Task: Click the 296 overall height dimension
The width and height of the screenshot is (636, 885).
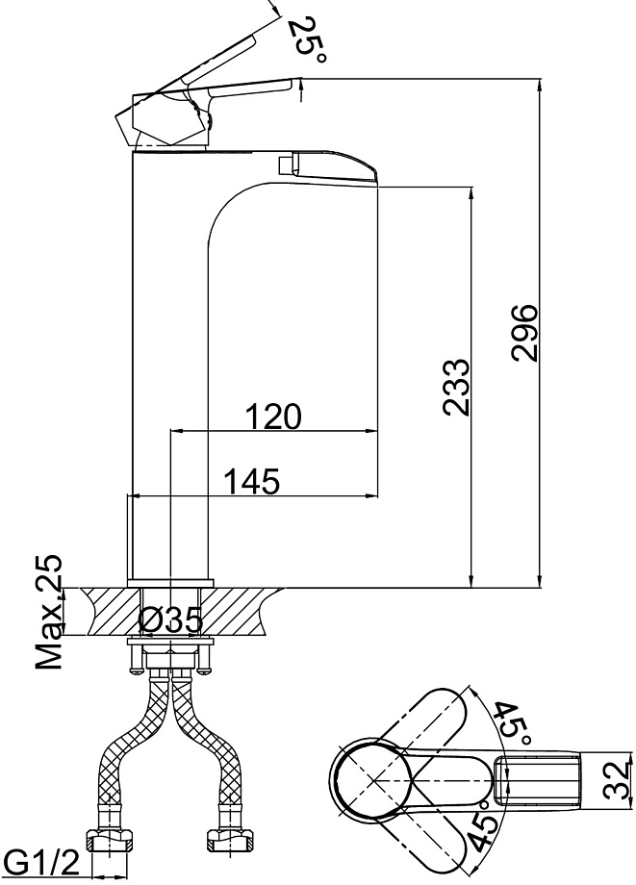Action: pos(525,333)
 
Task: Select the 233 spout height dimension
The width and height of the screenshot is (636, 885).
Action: pos(456,387)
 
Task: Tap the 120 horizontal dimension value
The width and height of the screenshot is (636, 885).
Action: pos(273,417)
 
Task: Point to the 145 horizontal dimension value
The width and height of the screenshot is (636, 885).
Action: pos(252,481)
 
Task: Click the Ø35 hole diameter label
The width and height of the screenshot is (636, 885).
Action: pos(170,620)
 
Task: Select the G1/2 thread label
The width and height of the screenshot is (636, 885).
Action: pos(40,865)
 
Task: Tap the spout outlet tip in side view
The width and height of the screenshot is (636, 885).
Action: pos(376,178)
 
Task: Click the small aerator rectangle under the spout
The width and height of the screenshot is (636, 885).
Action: pos(286,165)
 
